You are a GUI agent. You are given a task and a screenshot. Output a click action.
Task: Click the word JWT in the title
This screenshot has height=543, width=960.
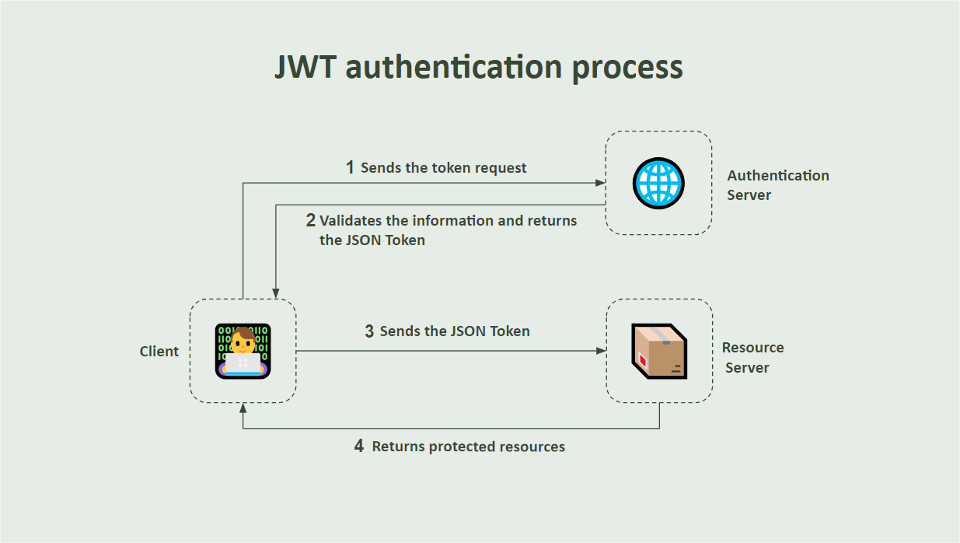click(306, 67)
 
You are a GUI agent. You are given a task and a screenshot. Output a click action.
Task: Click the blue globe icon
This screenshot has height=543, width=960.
click(658, 184)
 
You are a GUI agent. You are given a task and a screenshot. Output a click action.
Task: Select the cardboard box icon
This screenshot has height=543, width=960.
click(659, 351)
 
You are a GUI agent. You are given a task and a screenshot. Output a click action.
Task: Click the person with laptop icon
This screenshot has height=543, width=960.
click(243, 351)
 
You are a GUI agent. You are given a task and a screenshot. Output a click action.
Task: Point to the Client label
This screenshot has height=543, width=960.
click(159, 352)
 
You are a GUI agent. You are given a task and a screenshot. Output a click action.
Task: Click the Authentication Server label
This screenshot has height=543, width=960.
click(777, 185)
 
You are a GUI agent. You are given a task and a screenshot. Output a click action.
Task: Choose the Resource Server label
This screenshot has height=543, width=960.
click(752, 357)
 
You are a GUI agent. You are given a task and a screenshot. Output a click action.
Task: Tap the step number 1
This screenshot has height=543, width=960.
click(350, 167)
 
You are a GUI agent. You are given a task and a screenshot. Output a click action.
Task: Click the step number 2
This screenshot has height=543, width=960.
click(310, 220)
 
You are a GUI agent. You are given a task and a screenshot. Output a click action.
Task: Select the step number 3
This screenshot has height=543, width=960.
click(369, 331)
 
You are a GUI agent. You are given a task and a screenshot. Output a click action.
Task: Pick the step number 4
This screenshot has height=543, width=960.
click(358, 447)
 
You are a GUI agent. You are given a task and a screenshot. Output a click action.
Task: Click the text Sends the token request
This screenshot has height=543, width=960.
click(444, 168)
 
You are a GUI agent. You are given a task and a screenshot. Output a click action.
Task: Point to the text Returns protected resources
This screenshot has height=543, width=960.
click(469, 447)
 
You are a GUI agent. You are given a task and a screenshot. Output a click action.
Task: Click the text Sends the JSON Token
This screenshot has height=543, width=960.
click(455, 331)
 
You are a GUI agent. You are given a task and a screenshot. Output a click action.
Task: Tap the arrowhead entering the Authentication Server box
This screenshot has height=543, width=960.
click(601, 183)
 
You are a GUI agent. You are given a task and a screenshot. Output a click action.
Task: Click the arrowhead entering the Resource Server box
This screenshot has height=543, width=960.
click(601, 351)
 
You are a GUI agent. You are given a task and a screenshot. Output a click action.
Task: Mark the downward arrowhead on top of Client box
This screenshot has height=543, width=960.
click(276, 293)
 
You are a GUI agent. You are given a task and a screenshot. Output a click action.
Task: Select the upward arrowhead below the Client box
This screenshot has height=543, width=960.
click(243, 408)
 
